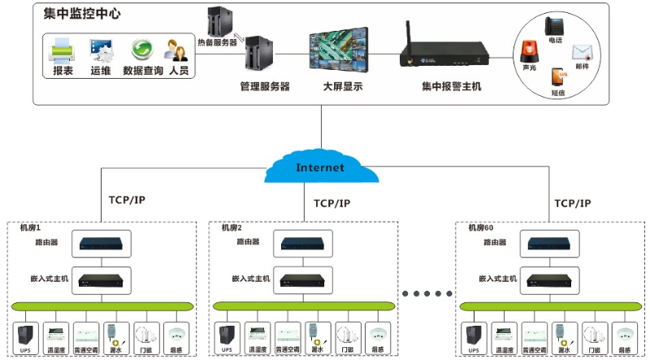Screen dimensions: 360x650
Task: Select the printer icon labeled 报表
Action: pyautogui.click(x=63, y=51)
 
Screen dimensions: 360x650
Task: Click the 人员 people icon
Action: pyautogui.click(x=178, y=51)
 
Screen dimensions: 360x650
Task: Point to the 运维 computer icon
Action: pyautogui.click(x=101, y=51)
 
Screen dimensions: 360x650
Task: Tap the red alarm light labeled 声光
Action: pyautogui.click(x=529, y=53)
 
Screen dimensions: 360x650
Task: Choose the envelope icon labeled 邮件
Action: pyautogui.click(x=582, y=53)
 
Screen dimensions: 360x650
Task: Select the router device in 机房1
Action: pyautogui.click(x=102, y=242)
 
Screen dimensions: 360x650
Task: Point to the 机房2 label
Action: pyautogui.click(x=232, y=228)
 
